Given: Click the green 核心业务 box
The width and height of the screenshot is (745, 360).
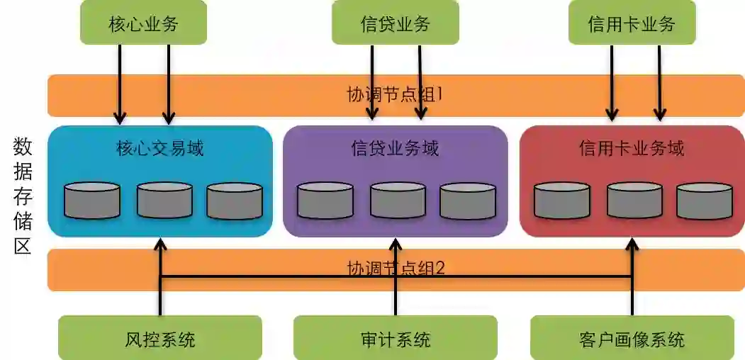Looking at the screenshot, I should click(143, 23).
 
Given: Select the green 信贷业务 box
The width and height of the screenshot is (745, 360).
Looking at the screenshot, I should click(395, 23).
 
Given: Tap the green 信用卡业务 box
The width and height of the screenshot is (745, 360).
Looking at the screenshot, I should click(632, 23).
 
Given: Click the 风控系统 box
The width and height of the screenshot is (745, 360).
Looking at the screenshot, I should click(159, 338).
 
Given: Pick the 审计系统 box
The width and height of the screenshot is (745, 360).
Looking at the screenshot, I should click(395, 338).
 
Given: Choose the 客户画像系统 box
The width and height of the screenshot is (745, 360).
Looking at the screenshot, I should click(632, 338).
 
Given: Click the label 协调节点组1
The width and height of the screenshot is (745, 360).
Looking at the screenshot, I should click(395, 94).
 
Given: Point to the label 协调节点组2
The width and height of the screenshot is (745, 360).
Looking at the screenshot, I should click(395, 269).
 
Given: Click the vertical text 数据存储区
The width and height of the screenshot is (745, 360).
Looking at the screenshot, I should click(23, 196).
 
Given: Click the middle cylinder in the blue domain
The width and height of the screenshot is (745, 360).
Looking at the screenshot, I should click(164, 201).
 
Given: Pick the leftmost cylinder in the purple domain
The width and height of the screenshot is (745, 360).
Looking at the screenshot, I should click(325, 201).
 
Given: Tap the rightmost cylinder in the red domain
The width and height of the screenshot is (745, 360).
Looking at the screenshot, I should click(704, 201).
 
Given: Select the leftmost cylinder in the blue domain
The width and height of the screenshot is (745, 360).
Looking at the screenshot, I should click(92, 201).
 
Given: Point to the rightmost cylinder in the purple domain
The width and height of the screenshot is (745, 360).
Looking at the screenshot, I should click(467, 201).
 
